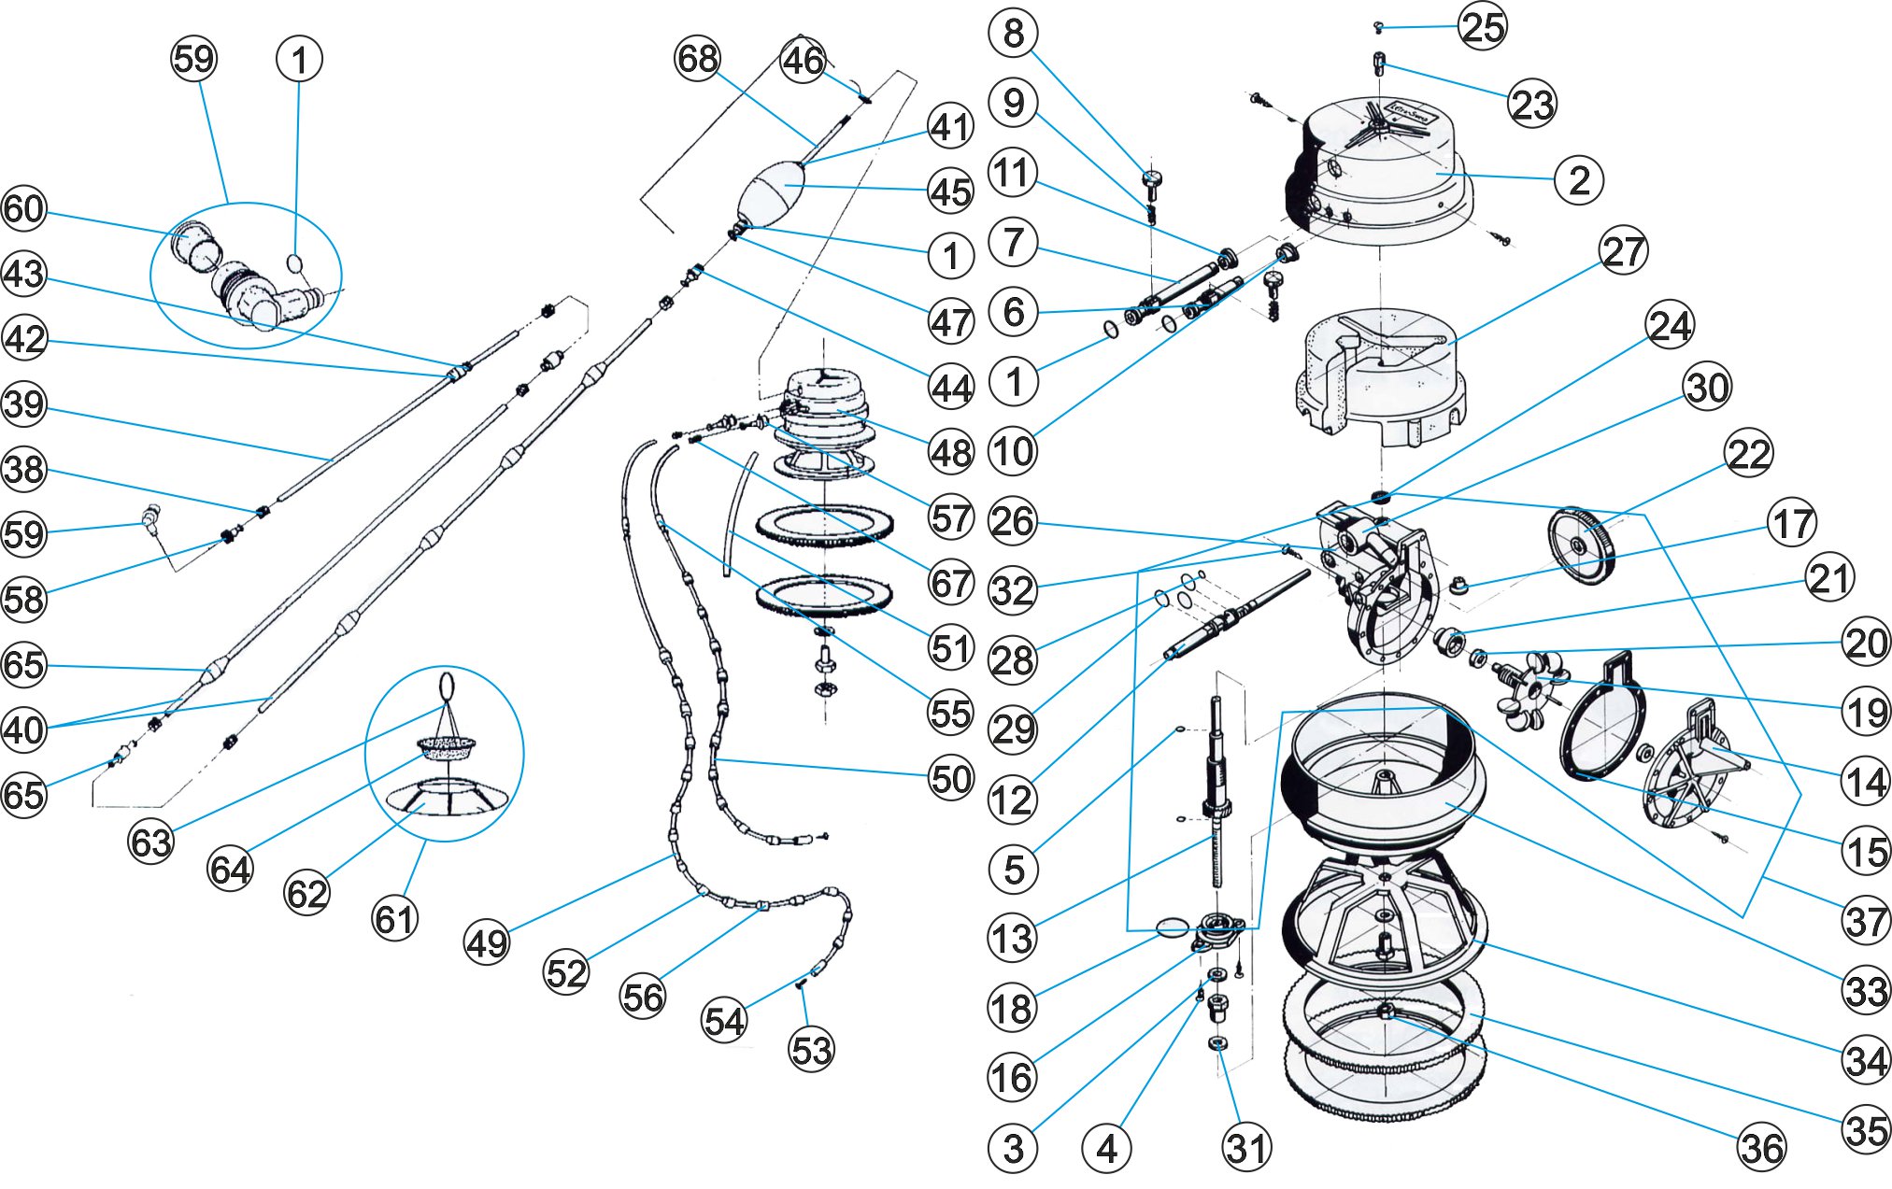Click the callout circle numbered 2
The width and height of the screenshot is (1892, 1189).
pyautogui.click(x=1579, y=179)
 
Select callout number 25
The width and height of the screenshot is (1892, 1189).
pyautogui.click(x=1483, y=26)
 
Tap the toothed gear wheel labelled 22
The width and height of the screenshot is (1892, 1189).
pyautogui.click(x=1581, y=545)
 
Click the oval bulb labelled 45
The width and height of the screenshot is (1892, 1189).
pyautogui.click(x=772, y=192)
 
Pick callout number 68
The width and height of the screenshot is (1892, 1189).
pyautogui.click(x=697, y=59)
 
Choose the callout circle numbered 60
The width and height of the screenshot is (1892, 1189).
pyautogui.click(x=24, y=208)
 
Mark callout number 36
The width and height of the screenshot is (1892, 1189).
pyautogui.click(x=1762, y=1148)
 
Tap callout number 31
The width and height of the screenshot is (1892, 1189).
pyautogui.click(x=1247, y=1148)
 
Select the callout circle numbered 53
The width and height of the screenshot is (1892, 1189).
pyautogui.click(x=811, y=1050)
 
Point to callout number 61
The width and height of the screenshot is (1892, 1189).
pyautogui.click(x=394, y=919)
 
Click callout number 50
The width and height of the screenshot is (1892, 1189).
pyautogui.click(x=951, y=778)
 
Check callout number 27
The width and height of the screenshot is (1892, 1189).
pyautogui.click(x=1624, y=251)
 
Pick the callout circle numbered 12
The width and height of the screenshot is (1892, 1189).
pyautogui.click(x=1012, y=800)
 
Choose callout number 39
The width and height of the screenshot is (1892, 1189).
pyautogui.click(x=24, y=404)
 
